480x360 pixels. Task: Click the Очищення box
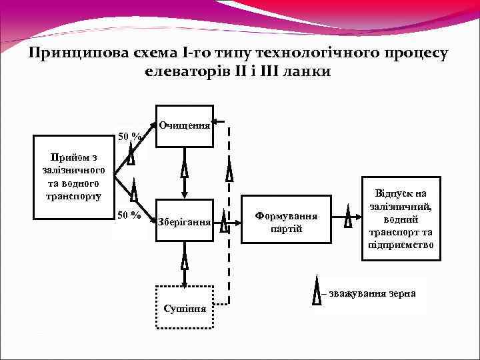pyautogui.click(x=184, y=125)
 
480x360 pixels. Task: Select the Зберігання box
pyautogui.click(x=184, y=221)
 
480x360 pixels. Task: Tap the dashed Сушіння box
pyautogui.click(x=184, y=307)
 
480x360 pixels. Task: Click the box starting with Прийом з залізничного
pyautogui.click(x=74, y=177)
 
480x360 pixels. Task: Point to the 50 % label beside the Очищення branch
pyautogui.click(x=129, y=137)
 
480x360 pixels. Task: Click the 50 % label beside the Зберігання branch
pyautogui.click(x=129, y=215)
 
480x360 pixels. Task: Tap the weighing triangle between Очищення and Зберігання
pyautogui.click(x=185, y=170)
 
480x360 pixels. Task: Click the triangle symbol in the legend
pyautogui.click(x=317, y=294)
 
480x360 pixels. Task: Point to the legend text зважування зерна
pyautogui.click(x=373, y=294)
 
